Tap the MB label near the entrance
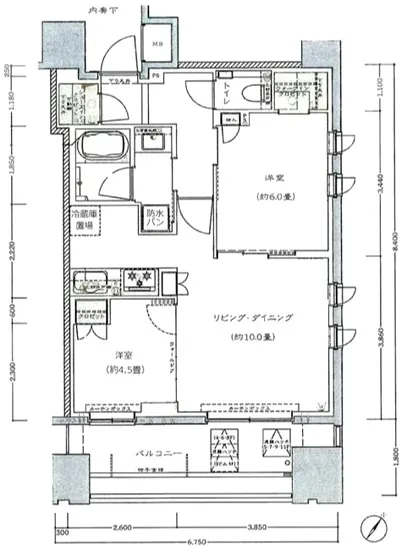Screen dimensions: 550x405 point(157,44)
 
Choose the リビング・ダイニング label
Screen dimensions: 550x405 point(251,317)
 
